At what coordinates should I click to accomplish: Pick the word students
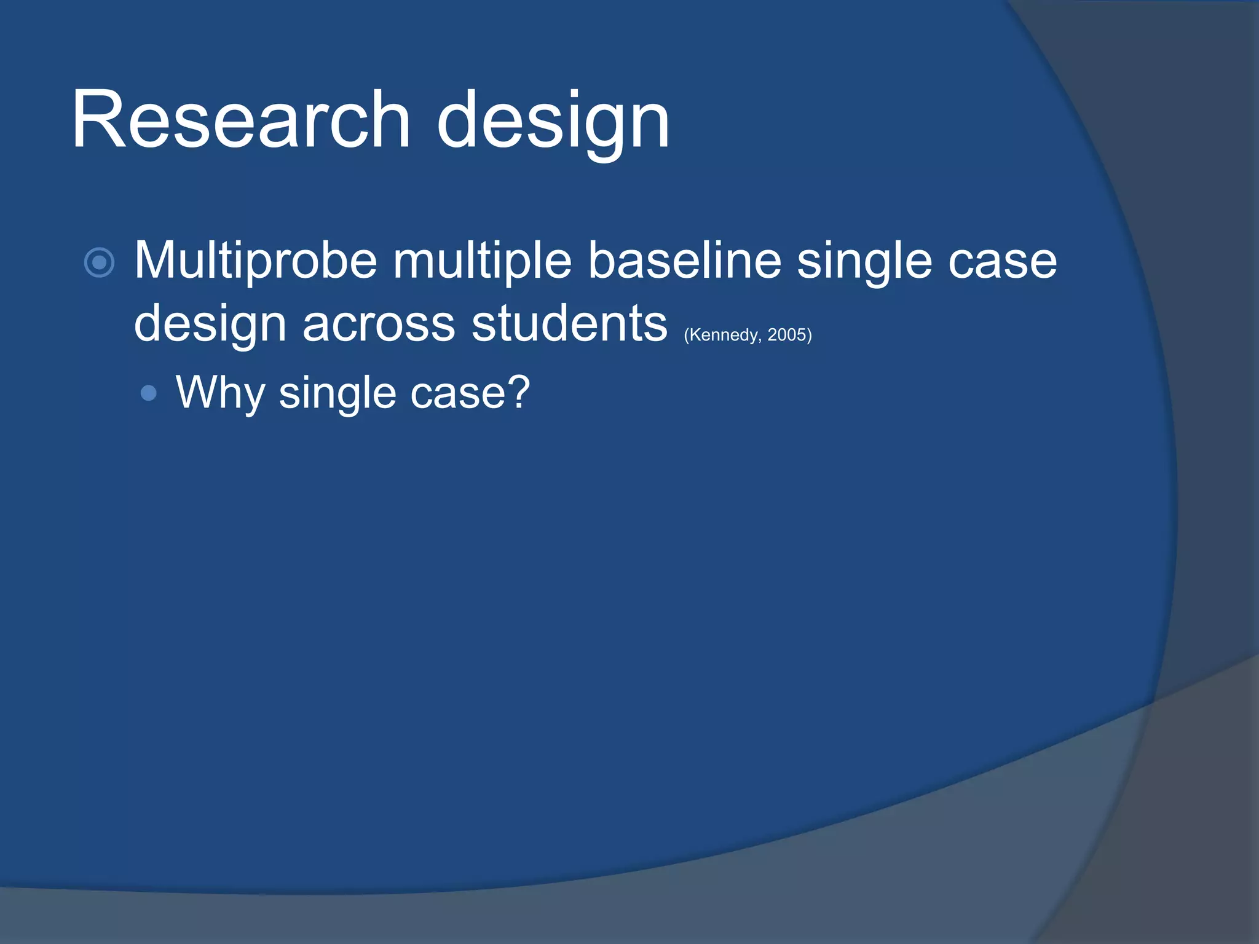(x=569, y=323)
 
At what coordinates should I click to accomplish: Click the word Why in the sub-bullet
(x=220, y=394)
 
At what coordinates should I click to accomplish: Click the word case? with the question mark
(x=470, y=393)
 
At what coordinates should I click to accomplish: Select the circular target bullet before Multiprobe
(x=99, y=263)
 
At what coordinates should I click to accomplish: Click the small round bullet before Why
(x=148, y=393)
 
